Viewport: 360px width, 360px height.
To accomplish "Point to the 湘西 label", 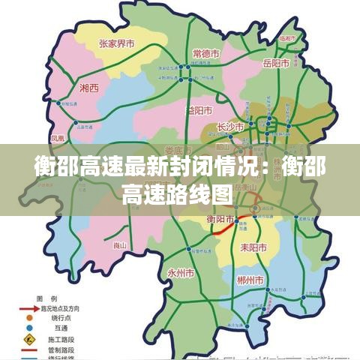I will pyautogui.click(x=88, y=88).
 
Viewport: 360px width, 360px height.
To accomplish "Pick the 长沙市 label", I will pyautogui.click(x=230, y=127).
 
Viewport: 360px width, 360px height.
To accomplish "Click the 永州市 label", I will pyautogui.click(x=181, y=272).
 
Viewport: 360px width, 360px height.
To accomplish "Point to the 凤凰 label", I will pyautogui.click(x=58, y=138).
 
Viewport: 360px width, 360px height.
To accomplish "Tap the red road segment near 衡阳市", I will pyautogui.click(x=225, y=229).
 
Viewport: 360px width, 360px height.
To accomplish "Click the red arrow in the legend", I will pyautogui.click(x=24, y=307).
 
